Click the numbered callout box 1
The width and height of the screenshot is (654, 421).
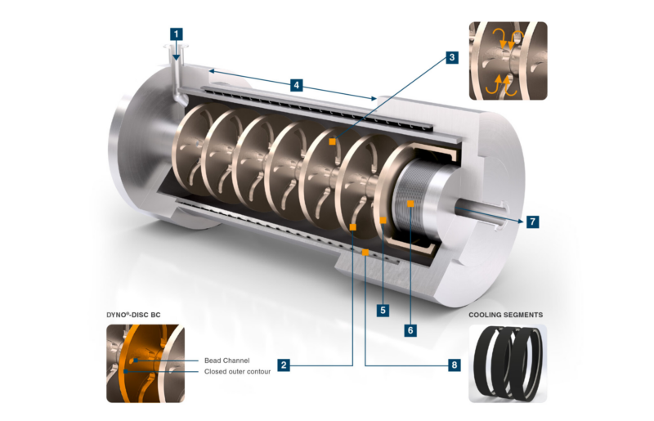click(x=177, y=34)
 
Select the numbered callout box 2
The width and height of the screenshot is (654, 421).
click(x=283, y=365)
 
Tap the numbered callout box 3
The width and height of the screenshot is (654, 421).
click(x=451, y=57)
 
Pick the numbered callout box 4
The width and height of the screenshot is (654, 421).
click(x=297, y=84)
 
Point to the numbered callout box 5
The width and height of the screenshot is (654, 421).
click(x=382, y=310)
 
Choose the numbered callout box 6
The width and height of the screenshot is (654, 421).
click(x=411, y=330)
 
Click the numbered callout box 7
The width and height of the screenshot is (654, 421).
click(x=532, y=222)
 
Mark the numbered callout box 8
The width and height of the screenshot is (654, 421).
click(x=454, y=365)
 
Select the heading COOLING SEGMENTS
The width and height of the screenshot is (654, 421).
click(x=505, y=314)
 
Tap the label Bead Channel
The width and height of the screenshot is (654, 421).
click(x=226, y=360)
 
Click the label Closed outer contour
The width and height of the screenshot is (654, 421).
click(x=238, y=372)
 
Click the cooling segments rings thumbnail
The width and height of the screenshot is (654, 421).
click(x=507, y=363)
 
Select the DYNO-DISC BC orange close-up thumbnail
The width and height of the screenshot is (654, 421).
click(x=145, y=363)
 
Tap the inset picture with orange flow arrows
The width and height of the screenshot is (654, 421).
click(x=507, y=60)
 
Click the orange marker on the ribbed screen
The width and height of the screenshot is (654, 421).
click(x=410, y=201)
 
